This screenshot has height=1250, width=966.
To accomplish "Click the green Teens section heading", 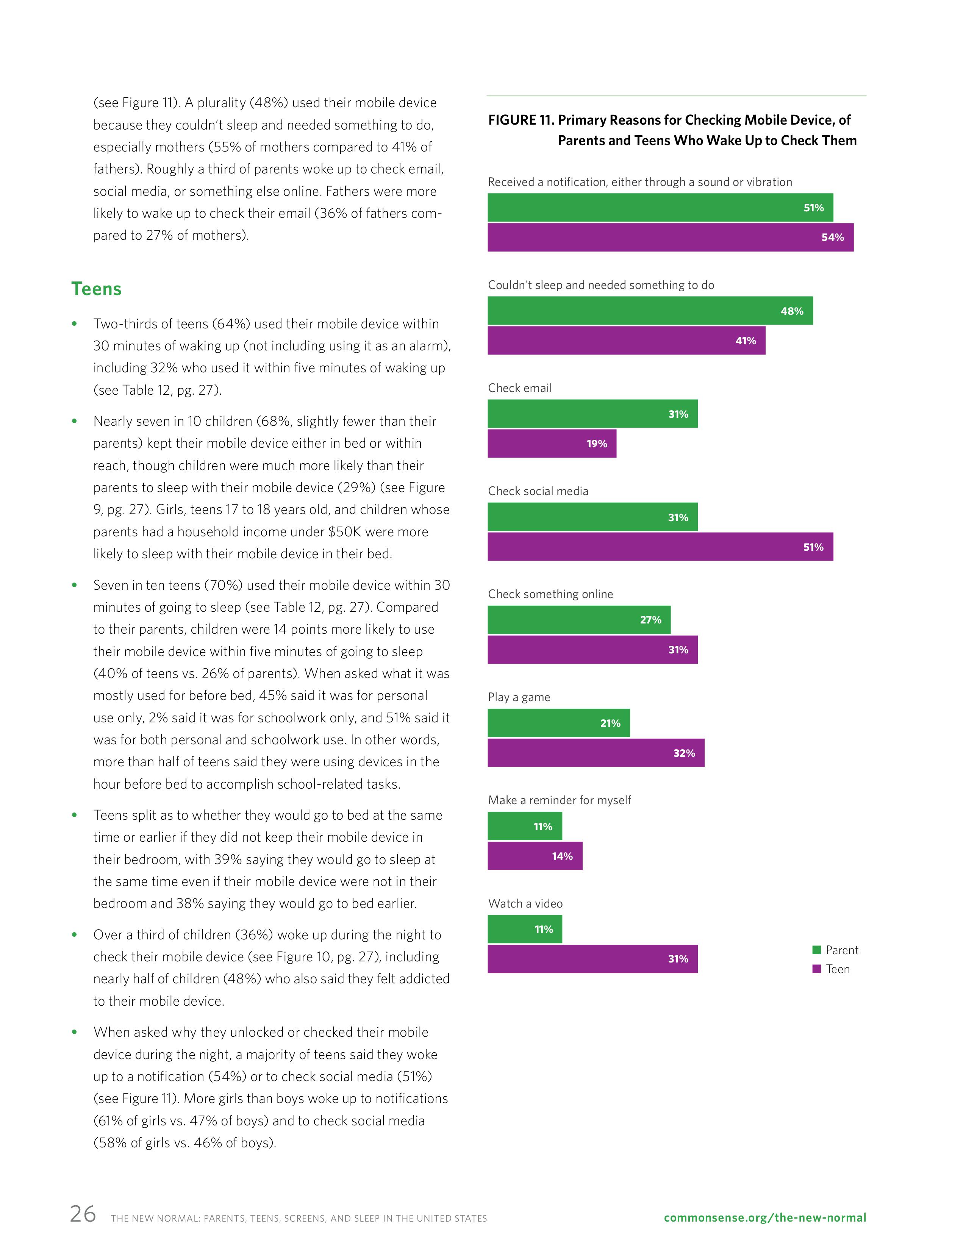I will pyautogui.click(x=96, y=289).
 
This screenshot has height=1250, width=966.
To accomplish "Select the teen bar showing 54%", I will pyautogui.click(x=670, y=237).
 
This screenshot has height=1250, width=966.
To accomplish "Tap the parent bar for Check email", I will pyautogui.click(x=592, y=414).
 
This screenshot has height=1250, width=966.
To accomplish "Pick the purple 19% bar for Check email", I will pyautogui.click(x=552, y=444).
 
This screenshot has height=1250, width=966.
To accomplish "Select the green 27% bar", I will pyautogui.click(x=578, y=620).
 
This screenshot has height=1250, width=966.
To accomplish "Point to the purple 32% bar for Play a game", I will pyautogui.click(x=596, y=753).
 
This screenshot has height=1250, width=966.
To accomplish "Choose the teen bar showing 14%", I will pyautogui.click(x=535, y=856).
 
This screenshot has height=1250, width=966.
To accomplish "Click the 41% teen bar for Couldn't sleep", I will pyautogui.click(x=626, y=341).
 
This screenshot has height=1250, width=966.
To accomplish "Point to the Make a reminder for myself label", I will pyautogui.click(x=559, y=800).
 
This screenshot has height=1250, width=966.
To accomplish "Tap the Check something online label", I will pyautogui.click(x=550, y=594).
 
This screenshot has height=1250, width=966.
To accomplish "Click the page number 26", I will pyautogui.click(x=83, y=1213).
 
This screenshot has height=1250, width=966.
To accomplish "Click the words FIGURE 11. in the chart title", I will pyautogui.click(x=521, y=120).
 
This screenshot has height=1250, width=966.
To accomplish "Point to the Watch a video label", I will pyautogui.click(x=525, y=903).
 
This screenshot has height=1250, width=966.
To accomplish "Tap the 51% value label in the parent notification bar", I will pyautogui.click(x=813, y=208).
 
